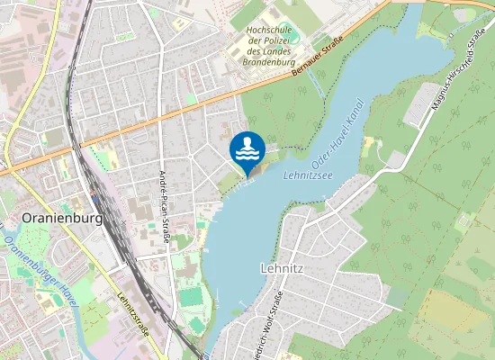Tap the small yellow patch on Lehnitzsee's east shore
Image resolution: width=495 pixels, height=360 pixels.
point(369,145)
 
